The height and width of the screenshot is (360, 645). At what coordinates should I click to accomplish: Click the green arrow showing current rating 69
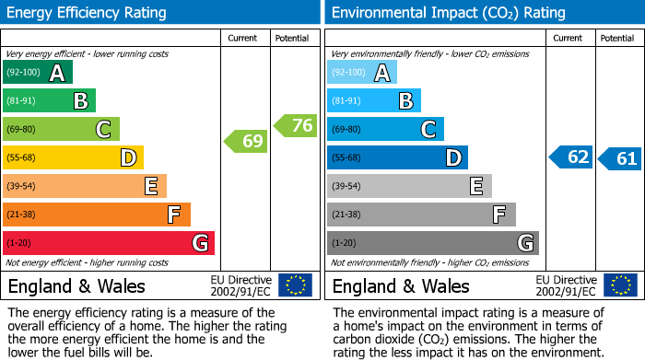(245, 142)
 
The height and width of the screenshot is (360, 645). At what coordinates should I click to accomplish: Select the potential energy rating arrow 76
(295, 126)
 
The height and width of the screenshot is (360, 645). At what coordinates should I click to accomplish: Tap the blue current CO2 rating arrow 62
(570, 157)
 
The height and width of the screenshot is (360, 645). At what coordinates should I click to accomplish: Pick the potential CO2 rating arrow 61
(619, 158)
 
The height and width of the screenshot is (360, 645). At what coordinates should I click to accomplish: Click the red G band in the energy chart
(109, 243)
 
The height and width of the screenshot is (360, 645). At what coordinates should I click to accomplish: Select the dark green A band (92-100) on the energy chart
(37, 73)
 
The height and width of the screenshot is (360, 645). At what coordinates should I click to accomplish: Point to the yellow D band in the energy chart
(73, 158)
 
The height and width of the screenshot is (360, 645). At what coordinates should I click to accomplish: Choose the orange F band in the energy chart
(97, 215)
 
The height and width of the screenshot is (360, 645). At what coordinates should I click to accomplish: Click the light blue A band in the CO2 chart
(362, 73)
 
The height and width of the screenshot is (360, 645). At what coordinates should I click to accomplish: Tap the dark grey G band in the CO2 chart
(432, 243)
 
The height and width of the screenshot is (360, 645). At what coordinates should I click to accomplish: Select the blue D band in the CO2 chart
(397, 158)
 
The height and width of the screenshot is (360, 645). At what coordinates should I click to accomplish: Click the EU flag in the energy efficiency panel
(296, 285)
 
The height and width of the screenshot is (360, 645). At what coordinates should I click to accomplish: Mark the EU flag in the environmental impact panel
(620, 285)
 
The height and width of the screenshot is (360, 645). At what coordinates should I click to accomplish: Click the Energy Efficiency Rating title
(87, 13)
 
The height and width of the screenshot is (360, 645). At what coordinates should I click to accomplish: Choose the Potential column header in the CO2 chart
(616, 38)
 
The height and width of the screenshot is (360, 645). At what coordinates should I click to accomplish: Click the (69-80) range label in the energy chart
(21, 130)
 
